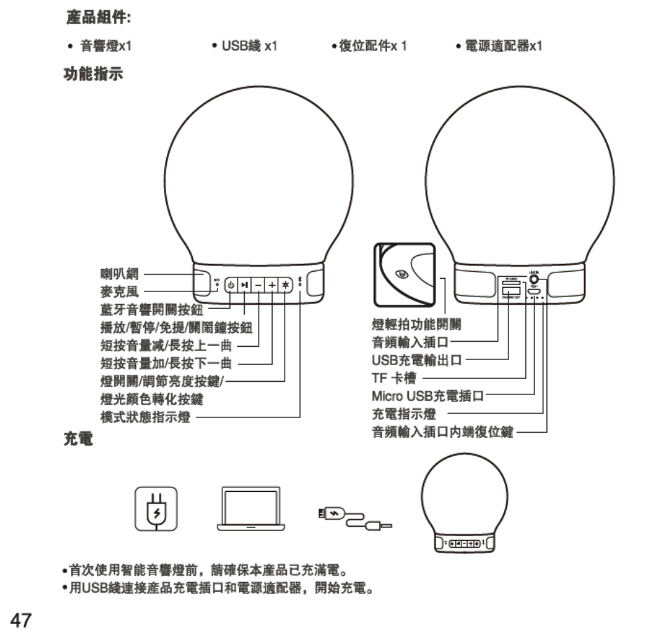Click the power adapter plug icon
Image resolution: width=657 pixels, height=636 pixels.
[x=155, y=507]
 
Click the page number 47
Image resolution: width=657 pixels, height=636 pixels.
[x=20, y=618]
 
